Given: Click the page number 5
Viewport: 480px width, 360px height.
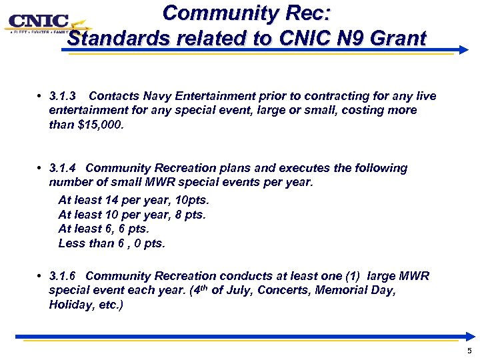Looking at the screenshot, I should [469, 351].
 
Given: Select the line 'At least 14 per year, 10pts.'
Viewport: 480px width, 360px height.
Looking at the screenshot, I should [133, 200].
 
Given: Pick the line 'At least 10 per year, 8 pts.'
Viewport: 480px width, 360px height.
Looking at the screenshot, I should [132, 215].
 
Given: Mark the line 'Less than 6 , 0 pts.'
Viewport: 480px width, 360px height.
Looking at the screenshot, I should [111, 243].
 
